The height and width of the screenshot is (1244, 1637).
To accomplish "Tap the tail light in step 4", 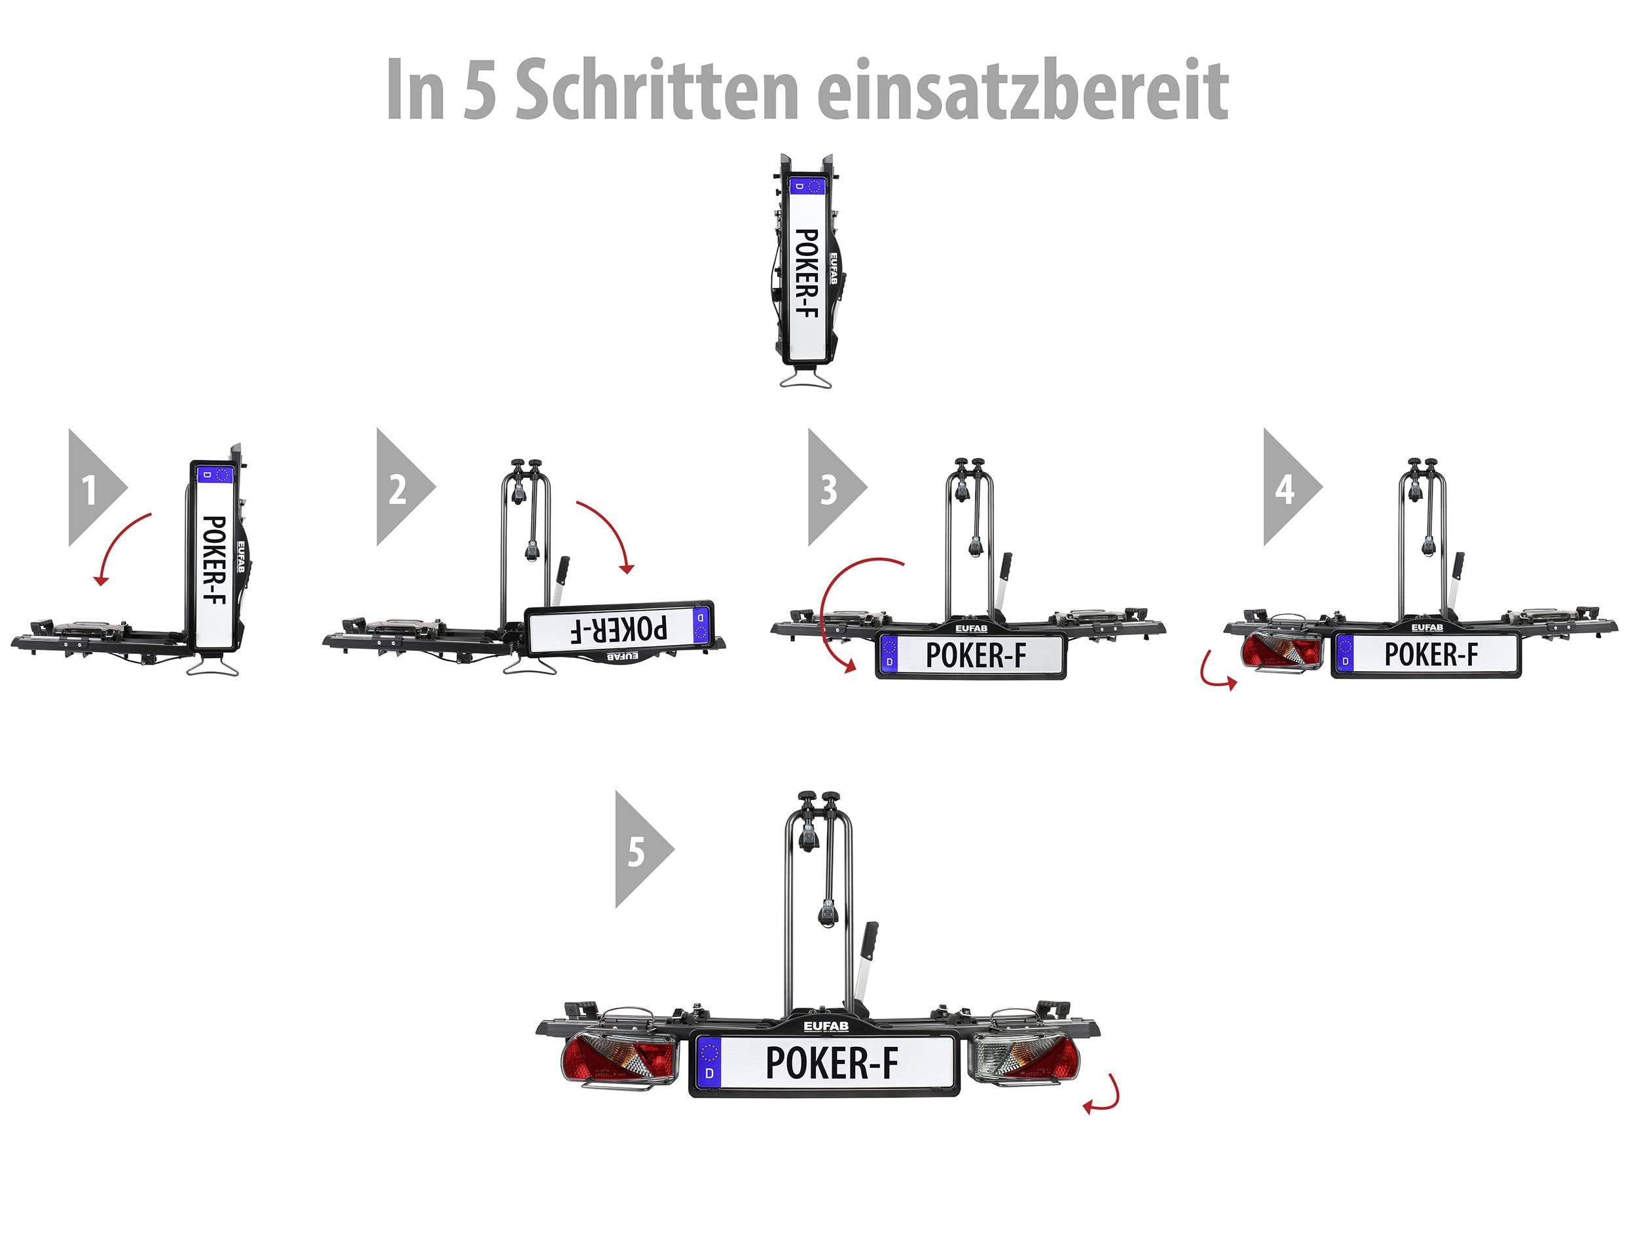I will [x=1281, y=652].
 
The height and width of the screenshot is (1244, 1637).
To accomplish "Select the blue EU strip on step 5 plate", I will [x=709, y=1062].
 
